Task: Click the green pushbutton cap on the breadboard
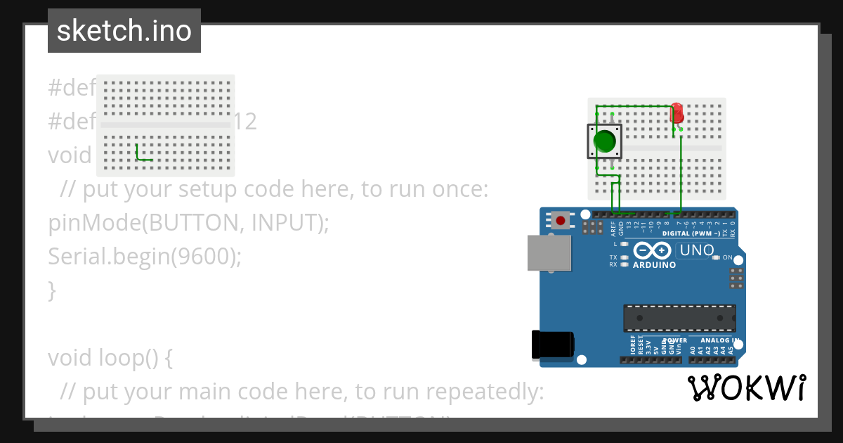[x=604, y=141]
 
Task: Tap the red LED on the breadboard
[x=677, y=113]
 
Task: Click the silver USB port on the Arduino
[x=549, y=252]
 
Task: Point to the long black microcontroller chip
[x=679, y=318]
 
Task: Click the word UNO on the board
[x=697, y=250]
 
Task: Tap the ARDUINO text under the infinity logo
[x=654, y=265]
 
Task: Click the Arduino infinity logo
[x=653, y=250]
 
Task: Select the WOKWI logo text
[x=746, y=387]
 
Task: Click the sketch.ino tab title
[x=124, y=31]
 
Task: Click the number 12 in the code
[x=245, y=122]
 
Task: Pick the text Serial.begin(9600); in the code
[x=145, y=257]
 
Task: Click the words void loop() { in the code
[x=110, y=358]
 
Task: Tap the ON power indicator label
[x=727, y=257]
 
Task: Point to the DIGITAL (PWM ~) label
[x=691, y=233]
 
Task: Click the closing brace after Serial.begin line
[x=51, y=290]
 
